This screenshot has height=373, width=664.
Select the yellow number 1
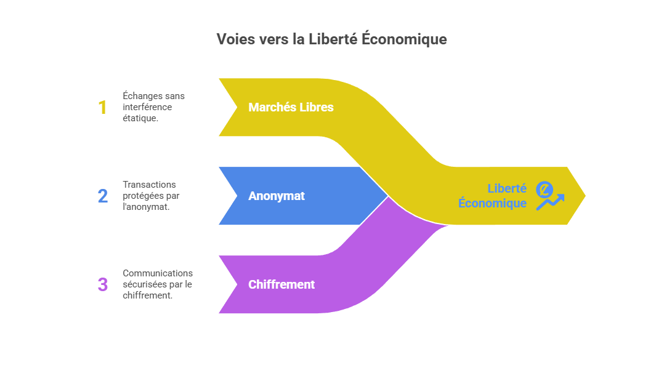(102, 108)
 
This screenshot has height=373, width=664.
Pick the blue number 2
(102, 196)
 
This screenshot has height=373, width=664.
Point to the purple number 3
(102, 285)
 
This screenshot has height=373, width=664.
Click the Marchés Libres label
(291, 107)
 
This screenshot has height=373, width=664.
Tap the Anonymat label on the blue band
(277, 196)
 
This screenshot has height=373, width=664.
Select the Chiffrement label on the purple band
(281, 285)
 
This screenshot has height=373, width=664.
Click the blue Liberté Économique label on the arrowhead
(493, 196)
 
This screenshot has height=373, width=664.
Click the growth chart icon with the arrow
(549, 196)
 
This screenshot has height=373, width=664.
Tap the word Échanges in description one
(143, 96)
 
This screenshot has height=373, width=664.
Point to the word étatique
(140, 118)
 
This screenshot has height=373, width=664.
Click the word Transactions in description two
(149, 185)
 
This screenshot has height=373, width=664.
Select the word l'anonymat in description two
(146, 207)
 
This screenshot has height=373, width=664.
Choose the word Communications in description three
(158, 273)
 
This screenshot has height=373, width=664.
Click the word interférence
(147, 107)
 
